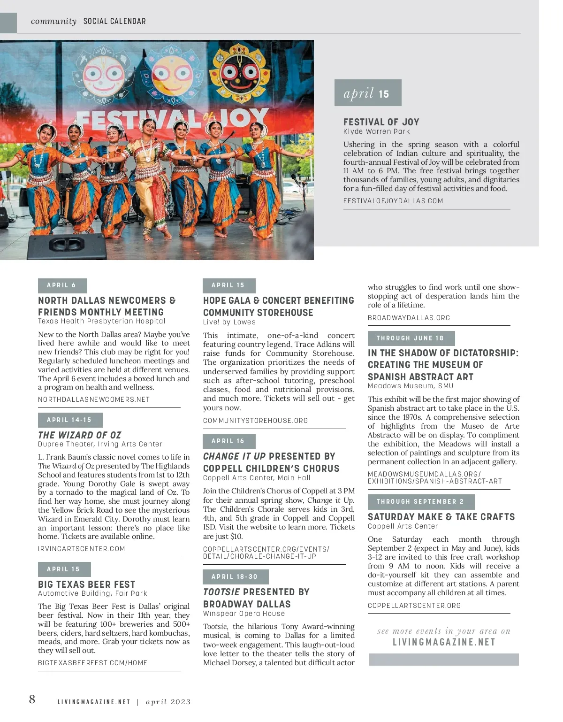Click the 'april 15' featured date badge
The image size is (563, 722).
(x=367, y=93)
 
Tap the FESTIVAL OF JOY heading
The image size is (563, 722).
(x=381, y=122)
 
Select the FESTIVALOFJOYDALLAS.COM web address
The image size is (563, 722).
(x=393, y=201)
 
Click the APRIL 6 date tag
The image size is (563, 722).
(x=62, y=285)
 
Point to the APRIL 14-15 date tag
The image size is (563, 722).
(x=69, y=420)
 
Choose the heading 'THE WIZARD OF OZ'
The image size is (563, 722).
(x=79, y=435)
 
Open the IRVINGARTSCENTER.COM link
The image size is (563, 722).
(x=81, y=549)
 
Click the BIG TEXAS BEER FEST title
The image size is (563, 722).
(x=86, y=584)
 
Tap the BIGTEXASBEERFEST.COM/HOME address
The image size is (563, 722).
(x=92, y=663)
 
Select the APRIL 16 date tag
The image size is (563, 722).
(x=228, y=441)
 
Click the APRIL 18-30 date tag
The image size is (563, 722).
(x=235, y=577)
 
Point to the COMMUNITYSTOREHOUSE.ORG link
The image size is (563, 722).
(x=255, y=421)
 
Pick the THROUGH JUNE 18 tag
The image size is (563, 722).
(x=411, y=338)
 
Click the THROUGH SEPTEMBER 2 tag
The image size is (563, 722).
(x=420, y=502)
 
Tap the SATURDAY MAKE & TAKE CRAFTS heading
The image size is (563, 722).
(x=441, y=517)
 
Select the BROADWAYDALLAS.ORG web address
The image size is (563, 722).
(x=409, y=318)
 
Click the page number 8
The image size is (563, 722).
(x=32, y=699)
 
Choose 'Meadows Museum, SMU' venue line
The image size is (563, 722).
(x=411, y=386)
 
